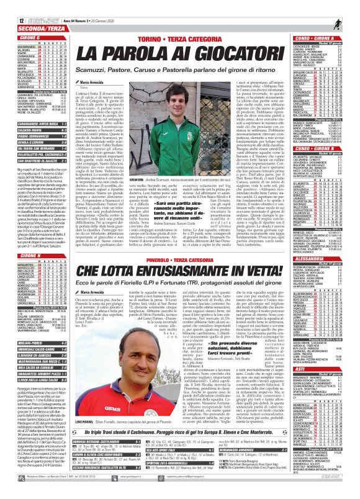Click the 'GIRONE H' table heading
[25, 238]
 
